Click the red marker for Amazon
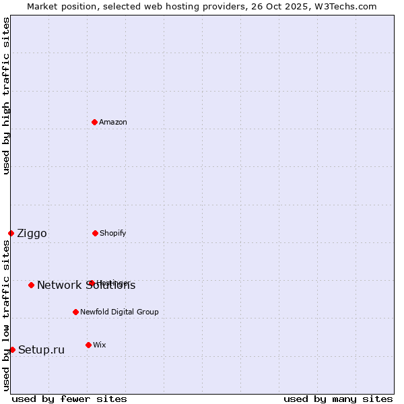95,122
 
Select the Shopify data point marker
95,233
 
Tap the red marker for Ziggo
11,233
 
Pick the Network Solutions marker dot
31,285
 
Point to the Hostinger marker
92,283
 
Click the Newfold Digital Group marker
75,312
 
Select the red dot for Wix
88,345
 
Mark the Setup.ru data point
12,349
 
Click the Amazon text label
113,122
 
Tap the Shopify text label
113,233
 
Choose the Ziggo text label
32,233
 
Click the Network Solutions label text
86,285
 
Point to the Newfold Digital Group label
120,312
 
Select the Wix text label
100,345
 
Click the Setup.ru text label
41,349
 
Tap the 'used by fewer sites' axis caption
69,399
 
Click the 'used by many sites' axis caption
338,399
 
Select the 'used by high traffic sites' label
6,96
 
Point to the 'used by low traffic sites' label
6,315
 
